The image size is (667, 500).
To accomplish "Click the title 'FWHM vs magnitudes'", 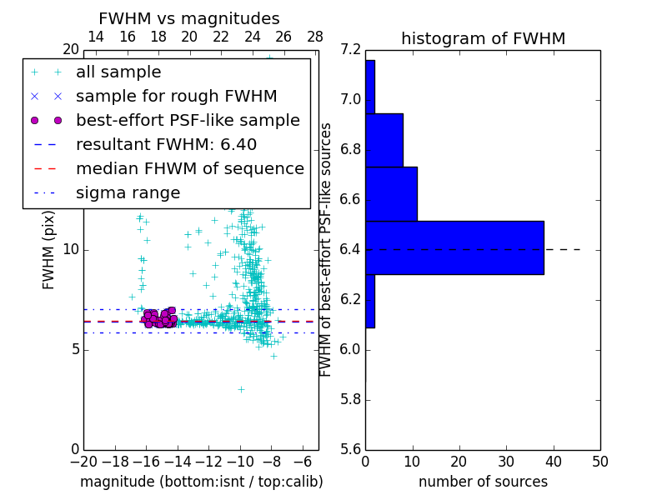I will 188,19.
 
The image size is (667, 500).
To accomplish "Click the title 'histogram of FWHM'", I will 483,38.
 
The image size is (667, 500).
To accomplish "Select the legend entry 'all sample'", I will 118,72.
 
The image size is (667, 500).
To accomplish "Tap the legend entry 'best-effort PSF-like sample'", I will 188,120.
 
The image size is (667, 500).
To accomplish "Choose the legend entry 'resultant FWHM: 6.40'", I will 166,144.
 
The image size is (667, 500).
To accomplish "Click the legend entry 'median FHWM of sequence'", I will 189,168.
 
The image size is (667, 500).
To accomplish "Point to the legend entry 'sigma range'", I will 128,192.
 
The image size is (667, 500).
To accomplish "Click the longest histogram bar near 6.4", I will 454,247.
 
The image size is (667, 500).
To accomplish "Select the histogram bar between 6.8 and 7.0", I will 384,140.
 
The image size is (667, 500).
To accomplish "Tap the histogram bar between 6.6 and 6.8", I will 391,193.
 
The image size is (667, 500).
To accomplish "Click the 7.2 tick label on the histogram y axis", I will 351,50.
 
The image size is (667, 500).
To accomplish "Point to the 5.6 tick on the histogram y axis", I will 351,449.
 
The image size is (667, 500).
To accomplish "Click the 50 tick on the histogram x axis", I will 599,461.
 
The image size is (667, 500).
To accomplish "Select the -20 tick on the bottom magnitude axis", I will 83,461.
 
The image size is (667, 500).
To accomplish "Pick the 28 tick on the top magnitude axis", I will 315,37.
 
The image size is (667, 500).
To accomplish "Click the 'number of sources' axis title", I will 483,482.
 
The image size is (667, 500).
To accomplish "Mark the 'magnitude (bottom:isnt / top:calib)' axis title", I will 201,482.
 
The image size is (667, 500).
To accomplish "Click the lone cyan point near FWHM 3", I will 241,389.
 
